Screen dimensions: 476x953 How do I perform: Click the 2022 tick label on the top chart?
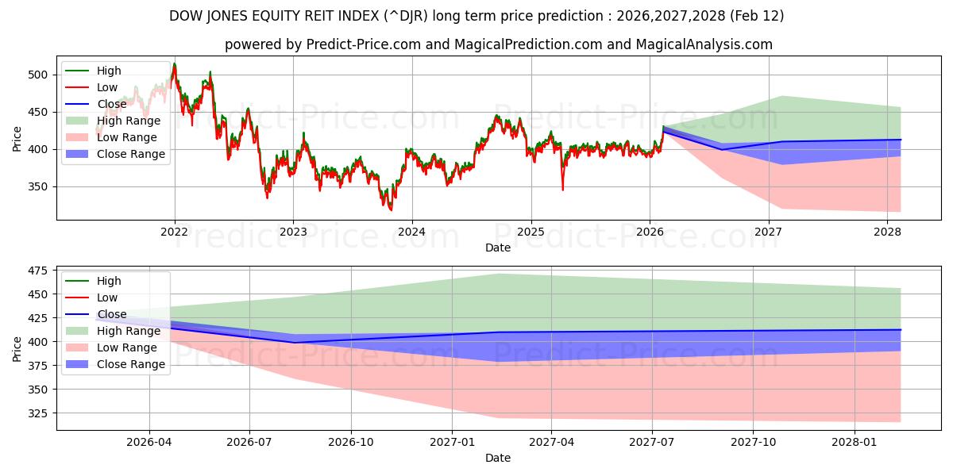click(x=174, y=232)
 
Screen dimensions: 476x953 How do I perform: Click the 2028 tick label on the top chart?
click(x=887, y=232)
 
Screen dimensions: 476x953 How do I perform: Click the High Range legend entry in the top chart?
click(x=128, y=121)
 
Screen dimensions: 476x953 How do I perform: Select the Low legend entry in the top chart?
click(x=107, y=87)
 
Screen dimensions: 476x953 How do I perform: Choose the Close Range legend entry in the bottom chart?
click(x=131, y=364)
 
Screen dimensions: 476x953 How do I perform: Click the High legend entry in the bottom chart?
click(x=109, y=281)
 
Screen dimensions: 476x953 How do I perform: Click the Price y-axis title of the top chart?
click(x=17, y=139)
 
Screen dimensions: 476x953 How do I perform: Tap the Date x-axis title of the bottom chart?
click(x=498, y=458)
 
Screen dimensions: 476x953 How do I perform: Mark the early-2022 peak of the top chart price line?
click(x=175, y=64)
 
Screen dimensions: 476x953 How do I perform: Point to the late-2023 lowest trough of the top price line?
click(x=390, y=209)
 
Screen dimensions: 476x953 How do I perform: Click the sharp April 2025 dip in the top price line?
click(x=563, y=189)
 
